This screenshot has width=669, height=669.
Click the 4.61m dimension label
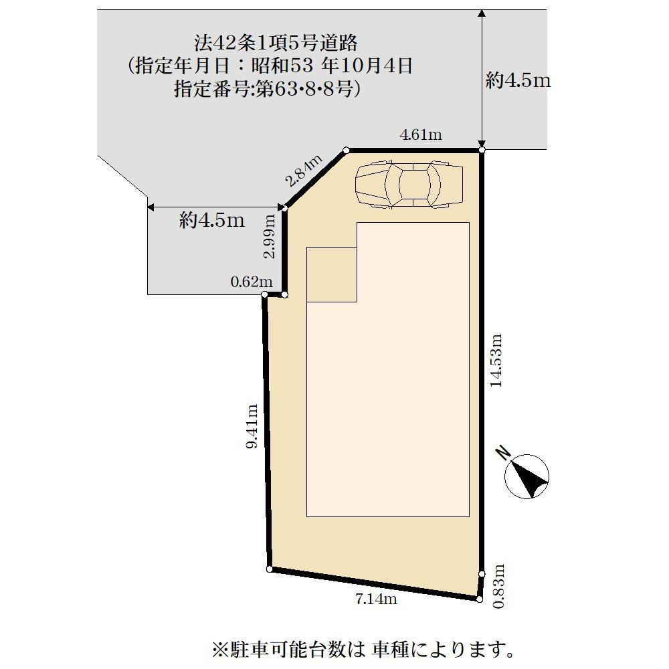click(x=421, y=135)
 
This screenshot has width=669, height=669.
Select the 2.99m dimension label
click(x=270, y=235)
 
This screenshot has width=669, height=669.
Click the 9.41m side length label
click(x=252, y=426)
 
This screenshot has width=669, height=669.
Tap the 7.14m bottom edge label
click(x=376, y=599)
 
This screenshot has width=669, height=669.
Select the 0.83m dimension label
click(x=498, y=586)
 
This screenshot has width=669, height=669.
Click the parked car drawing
click(x=409, y=183)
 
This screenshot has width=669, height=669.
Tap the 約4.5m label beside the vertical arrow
click(x=518, y=81)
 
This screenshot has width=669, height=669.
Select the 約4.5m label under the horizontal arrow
click(x=211, y=220)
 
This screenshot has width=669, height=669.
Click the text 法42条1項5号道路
click(x=276, y=43)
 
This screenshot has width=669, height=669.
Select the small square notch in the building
click(x=332, y=274)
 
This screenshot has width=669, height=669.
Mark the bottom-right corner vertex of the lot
click(x=480, y=599)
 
